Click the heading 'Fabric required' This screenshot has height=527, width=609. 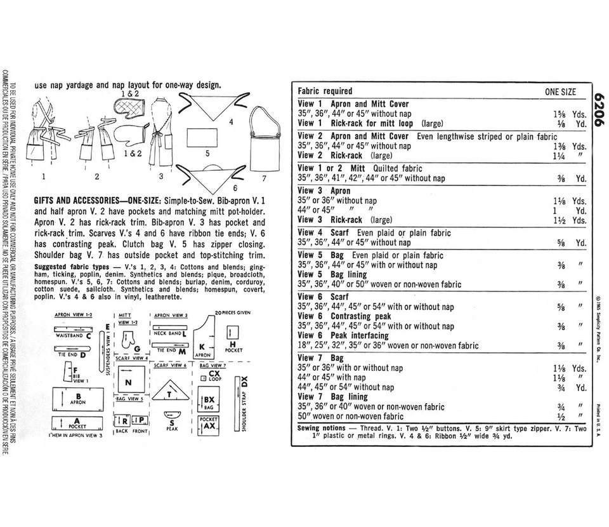325,91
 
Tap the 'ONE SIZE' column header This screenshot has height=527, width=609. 560,91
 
